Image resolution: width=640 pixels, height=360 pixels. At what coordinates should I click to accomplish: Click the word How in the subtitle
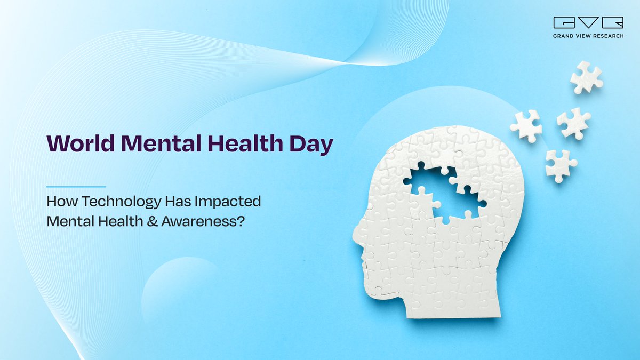click(58, 202)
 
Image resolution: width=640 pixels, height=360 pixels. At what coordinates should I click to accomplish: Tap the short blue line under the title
click(76, 187)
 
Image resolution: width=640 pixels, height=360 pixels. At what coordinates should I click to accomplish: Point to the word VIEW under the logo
click(585, 36)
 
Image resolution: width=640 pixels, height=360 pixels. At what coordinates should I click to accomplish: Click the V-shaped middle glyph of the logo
click(589, 23)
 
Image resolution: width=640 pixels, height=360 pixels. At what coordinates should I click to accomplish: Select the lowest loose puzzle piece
click(561, 165)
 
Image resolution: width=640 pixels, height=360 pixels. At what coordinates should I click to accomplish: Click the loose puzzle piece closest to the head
click(526, 126)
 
